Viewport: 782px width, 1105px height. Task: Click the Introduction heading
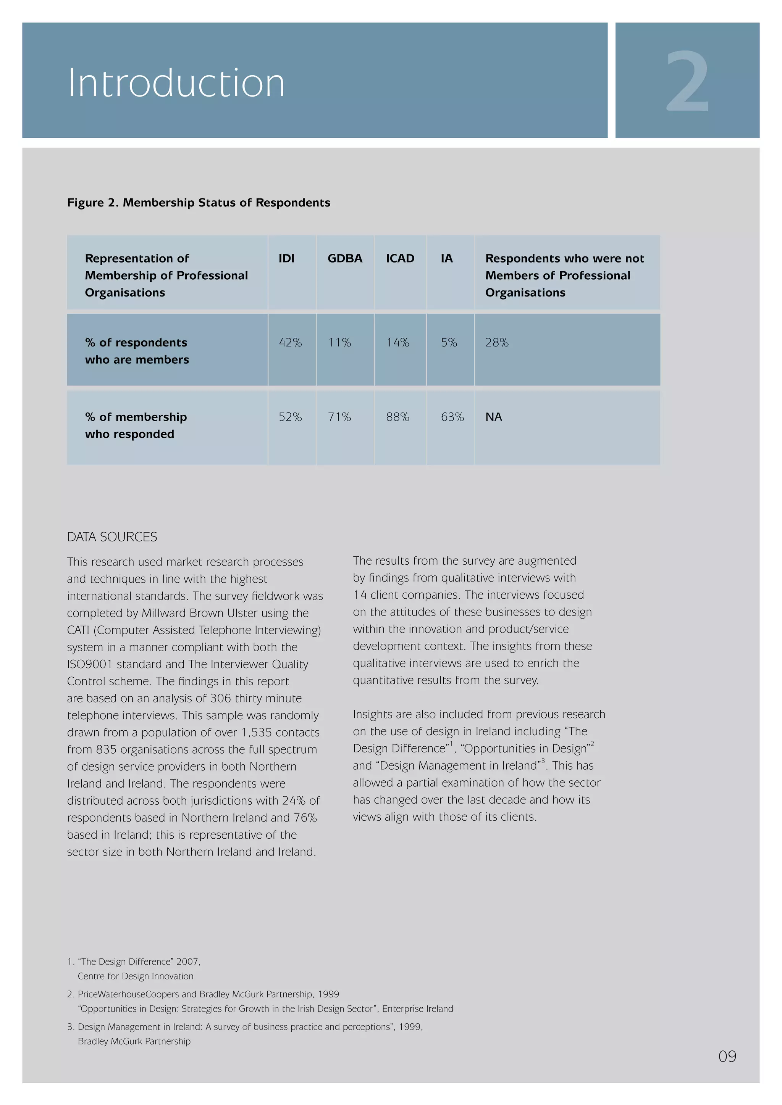[176, 83]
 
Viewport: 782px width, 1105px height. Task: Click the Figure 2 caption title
[199, 203]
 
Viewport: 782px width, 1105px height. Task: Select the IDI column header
[286, 258]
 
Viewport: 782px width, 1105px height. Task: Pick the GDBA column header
[345, 258]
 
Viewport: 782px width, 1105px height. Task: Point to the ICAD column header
[400, 258]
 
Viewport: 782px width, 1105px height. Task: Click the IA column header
[446, 258]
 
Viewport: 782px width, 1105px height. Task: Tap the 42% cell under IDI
[290, 343]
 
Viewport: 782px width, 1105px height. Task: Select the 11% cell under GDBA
[339, 343]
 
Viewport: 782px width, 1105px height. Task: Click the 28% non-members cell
[496, 343]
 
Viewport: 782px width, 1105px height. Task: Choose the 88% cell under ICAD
[397, 417]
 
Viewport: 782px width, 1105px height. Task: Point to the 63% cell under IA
[452, 417]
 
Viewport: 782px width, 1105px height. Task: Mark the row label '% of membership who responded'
[136, 425]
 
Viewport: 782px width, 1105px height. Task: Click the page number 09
[727, 1056]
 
